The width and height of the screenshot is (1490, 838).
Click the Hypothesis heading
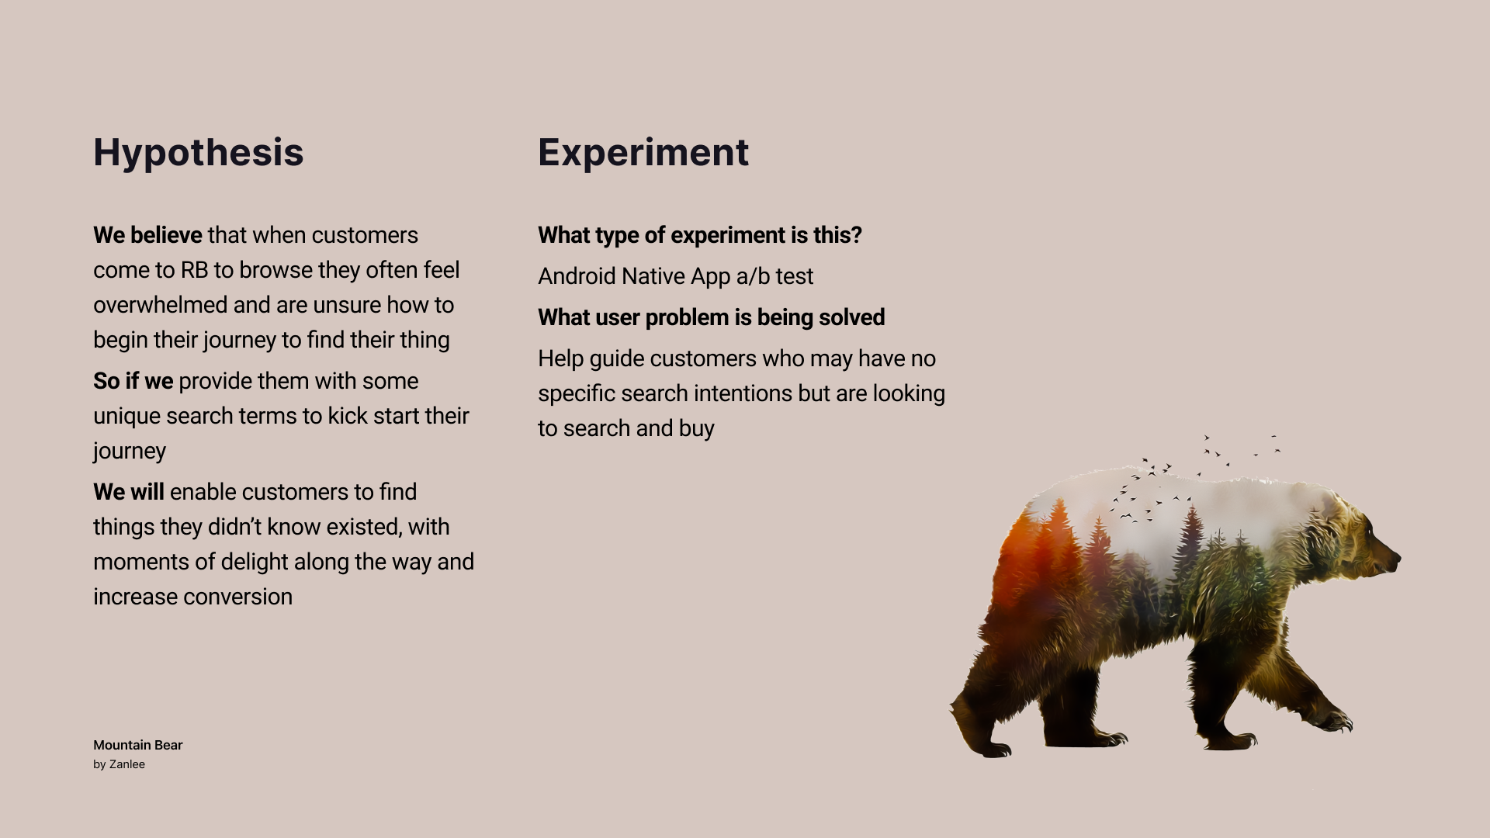tap(199, 153)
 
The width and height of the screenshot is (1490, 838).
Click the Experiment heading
tap(643, 153)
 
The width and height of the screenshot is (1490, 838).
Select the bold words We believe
tap(147, 235)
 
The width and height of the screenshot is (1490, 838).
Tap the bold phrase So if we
tap(133, 381)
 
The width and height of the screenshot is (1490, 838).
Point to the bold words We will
tap(129, 492)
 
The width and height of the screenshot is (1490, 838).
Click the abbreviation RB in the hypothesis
tap(194, 270)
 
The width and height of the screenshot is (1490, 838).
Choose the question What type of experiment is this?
tap(700, 235)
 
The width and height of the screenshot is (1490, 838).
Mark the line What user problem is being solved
tap(712, 317)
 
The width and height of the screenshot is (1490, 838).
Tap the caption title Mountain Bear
tap(138, 745)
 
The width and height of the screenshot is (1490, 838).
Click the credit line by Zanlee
tap(119, 764)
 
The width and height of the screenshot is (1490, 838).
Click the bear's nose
tap(1395, 559)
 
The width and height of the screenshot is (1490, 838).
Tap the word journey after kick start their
tap(130, 452)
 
